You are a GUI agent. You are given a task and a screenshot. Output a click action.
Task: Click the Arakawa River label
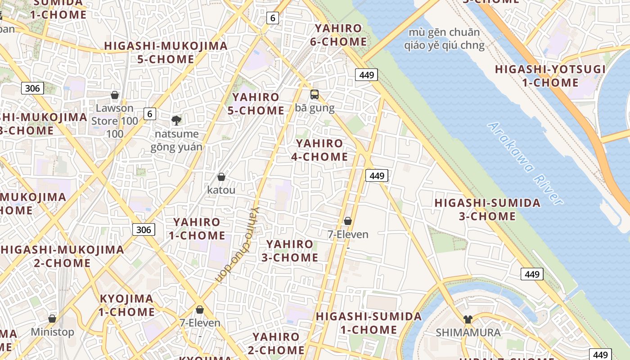click(526, 164)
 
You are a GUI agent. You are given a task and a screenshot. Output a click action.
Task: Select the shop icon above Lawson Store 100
click(115, 95)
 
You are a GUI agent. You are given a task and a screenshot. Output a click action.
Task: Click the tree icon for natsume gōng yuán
click(176, 120)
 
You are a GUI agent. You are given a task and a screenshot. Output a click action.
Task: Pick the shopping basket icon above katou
click(221, 177)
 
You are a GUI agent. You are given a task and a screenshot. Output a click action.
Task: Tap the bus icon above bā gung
click(314, 94)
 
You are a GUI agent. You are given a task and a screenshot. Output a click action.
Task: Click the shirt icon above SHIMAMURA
click(468, 319)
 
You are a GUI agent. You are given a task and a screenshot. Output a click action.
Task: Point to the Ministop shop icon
click(52, 319)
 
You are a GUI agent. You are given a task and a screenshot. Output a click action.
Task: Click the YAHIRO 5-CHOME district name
click(256, 103)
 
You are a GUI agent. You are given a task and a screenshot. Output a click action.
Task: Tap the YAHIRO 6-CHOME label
click(338, 35)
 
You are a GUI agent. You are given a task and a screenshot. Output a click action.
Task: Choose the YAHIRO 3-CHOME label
click(290, 251)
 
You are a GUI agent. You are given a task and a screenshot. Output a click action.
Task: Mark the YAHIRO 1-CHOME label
click(197, 229)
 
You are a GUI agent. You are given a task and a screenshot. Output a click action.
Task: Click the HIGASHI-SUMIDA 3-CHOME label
click(487, 209)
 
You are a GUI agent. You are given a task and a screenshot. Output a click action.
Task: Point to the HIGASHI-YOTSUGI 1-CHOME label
click(550, 76)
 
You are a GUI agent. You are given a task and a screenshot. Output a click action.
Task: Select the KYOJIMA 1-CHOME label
click(126, 305)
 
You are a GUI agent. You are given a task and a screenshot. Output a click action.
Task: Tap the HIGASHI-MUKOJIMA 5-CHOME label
click(166, 52)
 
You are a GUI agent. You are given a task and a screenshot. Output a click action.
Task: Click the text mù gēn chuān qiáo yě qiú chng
click(444, 39)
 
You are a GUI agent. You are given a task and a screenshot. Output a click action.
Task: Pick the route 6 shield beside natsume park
click(150, 114)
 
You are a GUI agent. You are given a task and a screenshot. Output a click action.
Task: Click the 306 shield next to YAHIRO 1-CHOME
click(144, 229)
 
